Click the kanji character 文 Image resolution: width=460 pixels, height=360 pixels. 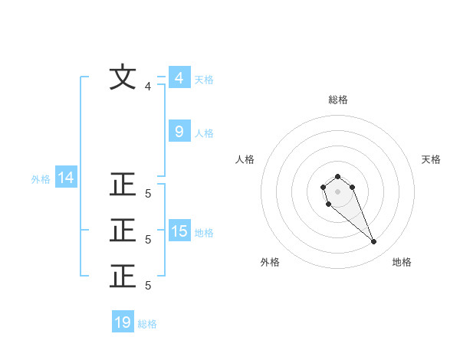(x=123, y=78)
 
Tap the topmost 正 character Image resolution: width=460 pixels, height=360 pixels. (x=123, y=186)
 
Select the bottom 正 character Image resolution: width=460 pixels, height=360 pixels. (x=123, y=276)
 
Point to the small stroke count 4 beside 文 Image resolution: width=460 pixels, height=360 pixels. (x=148, y=87)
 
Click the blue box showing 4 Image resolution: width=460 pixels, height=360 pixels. (x=179, y=77)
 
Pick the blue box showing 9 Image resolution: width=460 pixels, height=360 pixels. (x=179, y=132)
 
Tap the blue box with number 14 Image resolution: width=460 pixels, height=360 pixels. (x=66, y=178)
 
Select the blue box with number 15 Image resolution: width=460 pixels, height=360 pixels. (x=179, y=231)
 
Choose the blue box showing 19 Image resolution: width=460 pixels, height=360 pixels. (x=123, y=322)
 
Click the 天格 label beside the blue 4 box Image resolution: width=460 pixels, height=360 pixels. (x=204, y=80)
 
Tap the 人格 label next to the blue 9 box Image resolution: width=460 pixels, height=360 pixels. (x=204, y=133)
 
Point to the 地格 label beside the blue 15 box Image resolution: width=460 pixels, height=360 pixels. (x=204, y=233)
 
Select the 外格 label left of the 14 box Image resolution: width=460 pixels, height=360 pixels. (x=41, y=179)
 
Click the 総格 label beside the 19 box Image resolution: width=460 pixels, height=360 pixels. (x=147, y=324)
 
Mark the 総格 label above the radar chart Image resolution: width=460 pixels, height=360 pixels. (x=337, y=100)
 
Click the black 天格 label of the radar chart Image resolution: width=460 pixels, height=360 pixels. (x=431, y=159)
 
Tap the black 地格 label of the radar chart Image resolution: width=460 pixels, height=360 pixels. (x=402, y=262)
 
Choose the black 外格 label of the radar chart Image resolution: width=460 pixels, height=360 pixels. (x=270, y=262)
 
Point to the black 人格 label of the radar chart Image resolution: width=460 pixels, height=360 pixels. (x=245, y=159)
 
